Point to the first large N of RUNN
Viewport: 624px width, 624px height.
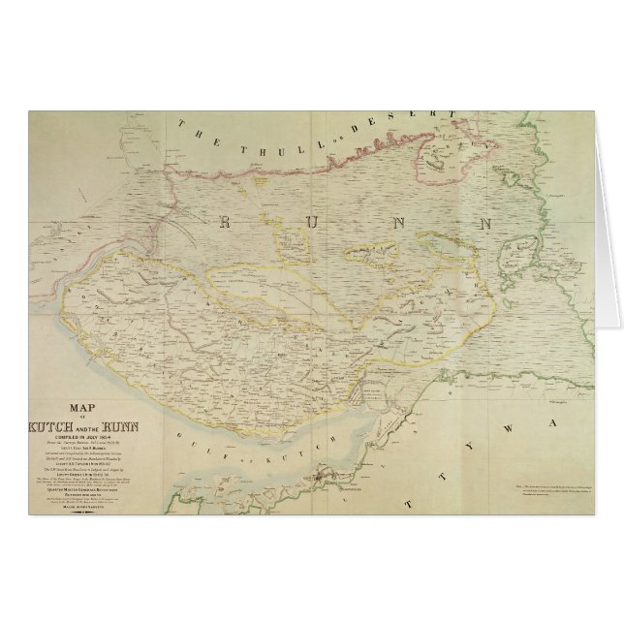click(397, 223)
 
